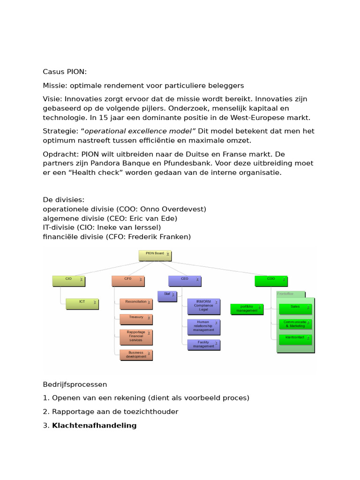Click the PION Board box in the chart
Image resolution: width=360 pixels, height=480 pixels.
pos(155,255)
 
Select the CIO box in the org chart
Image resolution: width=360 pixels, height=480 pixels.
pos(69,280)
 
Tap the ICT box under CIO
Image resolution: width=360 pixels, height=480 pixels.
pos(82,304)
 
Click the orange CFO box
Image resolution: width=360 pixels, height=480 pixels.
pos(128,280)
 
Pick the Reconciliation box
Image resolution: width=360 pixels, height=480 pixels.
pos(136,304)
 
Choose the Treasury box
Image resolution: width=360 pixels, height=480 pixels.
pos(136,319)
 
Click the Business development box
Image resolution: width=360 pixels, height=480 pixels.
pos(136,354)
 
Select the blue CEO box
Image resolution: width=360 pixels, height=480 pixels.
pos(185,280)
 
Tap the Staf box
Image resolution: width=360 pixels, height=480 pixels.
pos(167,296)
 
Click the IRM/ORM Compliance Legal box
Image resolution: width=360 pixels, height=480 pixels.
pos(203,305)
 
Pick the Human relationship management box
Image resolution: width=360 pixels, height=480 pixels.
pos(203,326)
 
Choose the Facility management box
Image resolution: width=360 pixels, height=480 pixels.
pos(203,345)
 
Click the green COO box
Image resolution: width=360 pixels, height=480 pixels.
pos(271,280)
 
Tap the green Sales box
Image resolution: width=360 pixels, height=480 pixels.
pos(295,308)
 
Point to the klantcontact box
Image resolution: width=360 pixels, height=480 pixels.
pos(295,338)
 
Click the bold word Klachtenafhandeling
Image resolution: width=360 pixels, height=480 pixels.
pos(94,426)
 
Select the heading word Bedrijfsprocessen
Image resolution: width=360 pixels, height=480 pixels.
pos(75,384)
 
